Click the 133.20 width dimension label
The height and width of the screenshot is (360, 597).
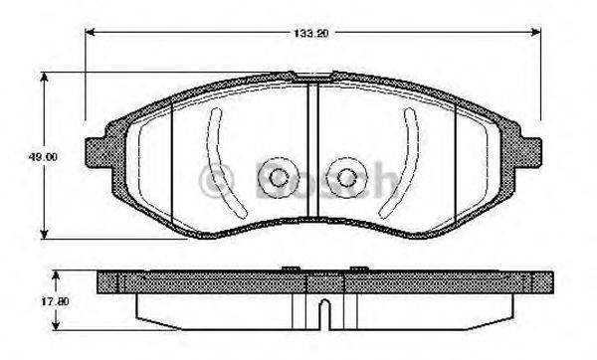tap(311, 32)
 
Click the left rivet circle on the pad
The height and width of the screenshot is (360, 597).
tap(278, 178)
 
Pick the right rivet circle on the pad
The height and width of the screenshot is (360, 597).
tap(346, 178)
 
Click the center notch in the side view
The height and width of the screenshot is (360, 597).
tap(323, 316)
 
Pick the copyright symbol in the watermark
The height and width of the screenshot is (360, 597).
tap(212, 180)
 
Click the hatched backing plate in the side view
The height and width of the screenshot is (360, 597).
tap(199, 282)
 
